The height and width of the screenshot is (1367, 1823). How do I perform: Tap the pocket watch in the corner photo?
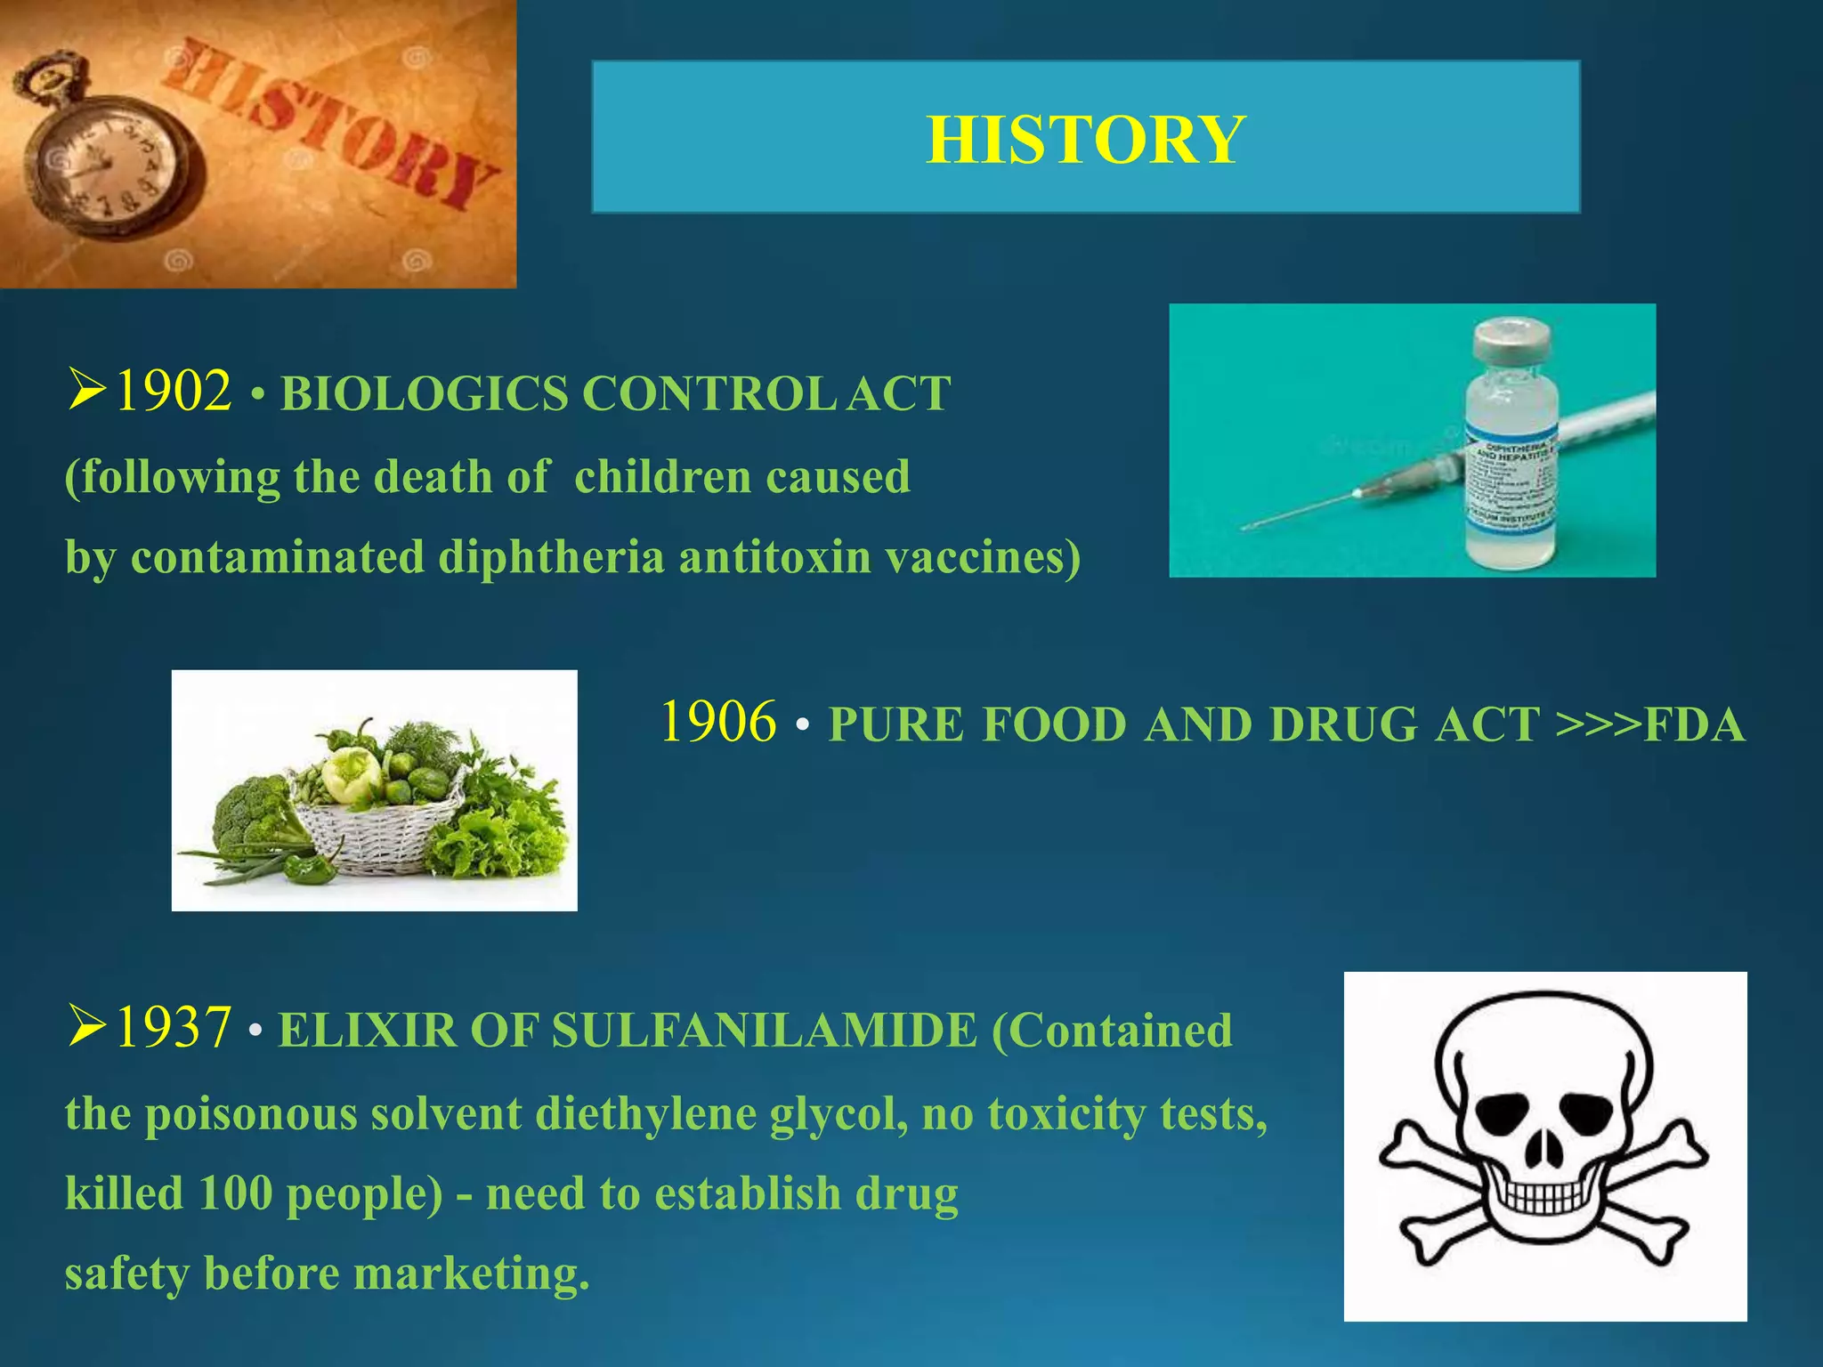107,160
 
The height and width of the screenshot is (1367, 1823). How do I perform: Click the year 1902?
174,391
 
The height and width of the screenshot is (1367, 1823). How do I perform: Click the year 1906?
718,722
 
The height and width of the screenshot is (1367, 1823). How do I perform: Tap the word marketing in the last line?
472,1274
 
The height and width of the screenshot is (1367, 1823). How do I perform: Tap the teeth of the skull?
1541,1197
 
